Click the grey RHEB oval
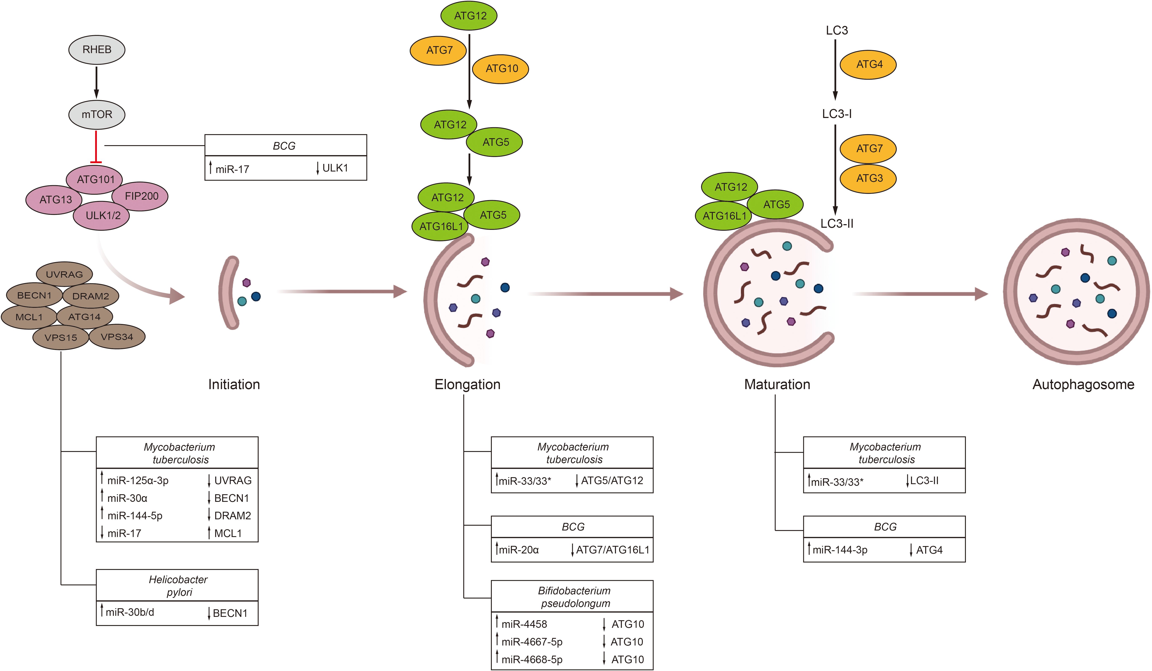tap(96, 49)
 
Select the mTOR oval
tap(96, 114)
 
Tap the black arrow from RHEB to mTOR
tap(96, 82)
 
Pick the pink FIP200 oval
tap(141, 196)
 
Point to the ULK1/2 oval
tap(102, 216)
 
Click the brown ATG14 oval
tap(85, 316)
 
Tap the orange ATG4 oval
tap(869, 64)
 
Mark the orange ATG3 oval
tap(869, 178)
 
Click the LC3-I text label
tap(837, 114)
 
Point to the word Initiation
tap(234, 384)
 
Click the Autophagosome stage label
tap(1083, 384)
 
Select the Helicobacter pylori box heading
tap(178, 586)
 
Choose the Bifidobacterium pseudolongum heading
tap(574, 597)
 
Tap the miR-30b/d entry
tap(130, 612)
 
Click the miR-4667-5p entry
tap(532, 642)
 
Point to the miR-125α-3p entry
tap(138, 480)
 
